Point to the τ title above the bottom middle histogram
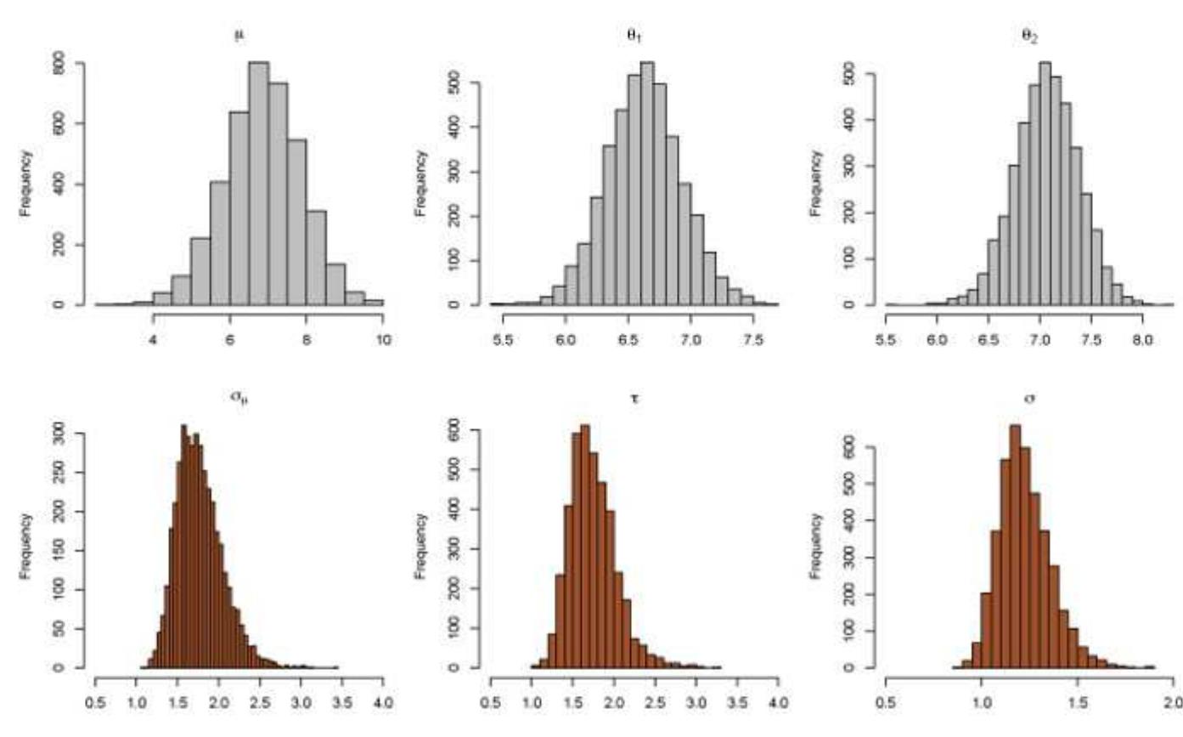click(x=634, y=396)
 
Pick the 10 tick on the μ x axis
click(x=383, y=342)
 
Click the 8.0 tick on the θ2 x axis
click(x=1142, y=342)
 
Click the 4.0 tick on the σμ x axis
click(x=383, y=703)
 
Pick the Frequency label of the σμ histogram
click(x=26, y=546)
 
